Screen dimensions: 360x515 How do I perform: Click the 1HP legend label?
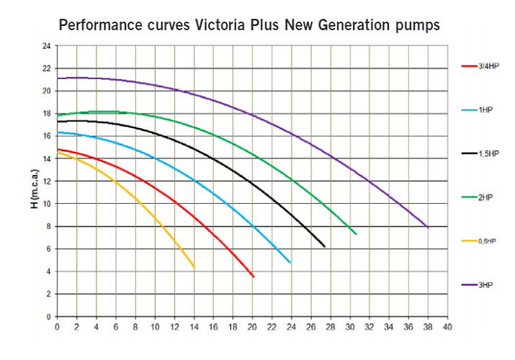click(x=478, y=110)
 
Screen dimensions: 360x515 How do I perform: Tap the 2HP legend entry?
click(x=478, y=198)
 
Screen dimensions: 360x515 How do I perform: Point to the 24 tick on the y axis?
click(x=46, y=46)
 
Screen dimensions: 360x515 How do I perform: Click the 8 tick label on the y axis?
click(x=48, y=227)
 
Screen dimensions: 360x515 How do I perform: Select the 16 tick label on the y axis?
click(x=46, y=136)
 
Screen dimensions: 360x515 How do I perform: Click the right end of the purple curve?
click(x=428, y=228)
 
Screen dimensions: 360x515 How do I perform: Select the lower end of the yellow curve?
click(x=194, y=267)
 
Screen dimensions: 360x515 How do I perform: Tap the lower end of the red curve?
click(x=254, y=276)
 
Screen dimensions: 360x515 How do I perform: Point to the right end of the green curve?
click(x=356, y=234)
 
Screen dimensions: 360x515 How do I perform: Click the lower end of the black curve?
click(x=325, y=247)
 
